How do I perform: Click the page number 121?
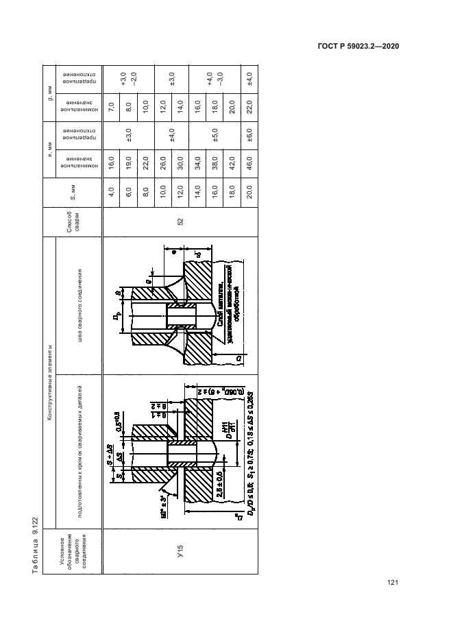tap(393, 583)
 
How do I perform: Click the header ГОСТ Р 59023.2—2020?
tap(357, 46)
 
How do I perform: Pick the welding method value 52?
tap(180, 221)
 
